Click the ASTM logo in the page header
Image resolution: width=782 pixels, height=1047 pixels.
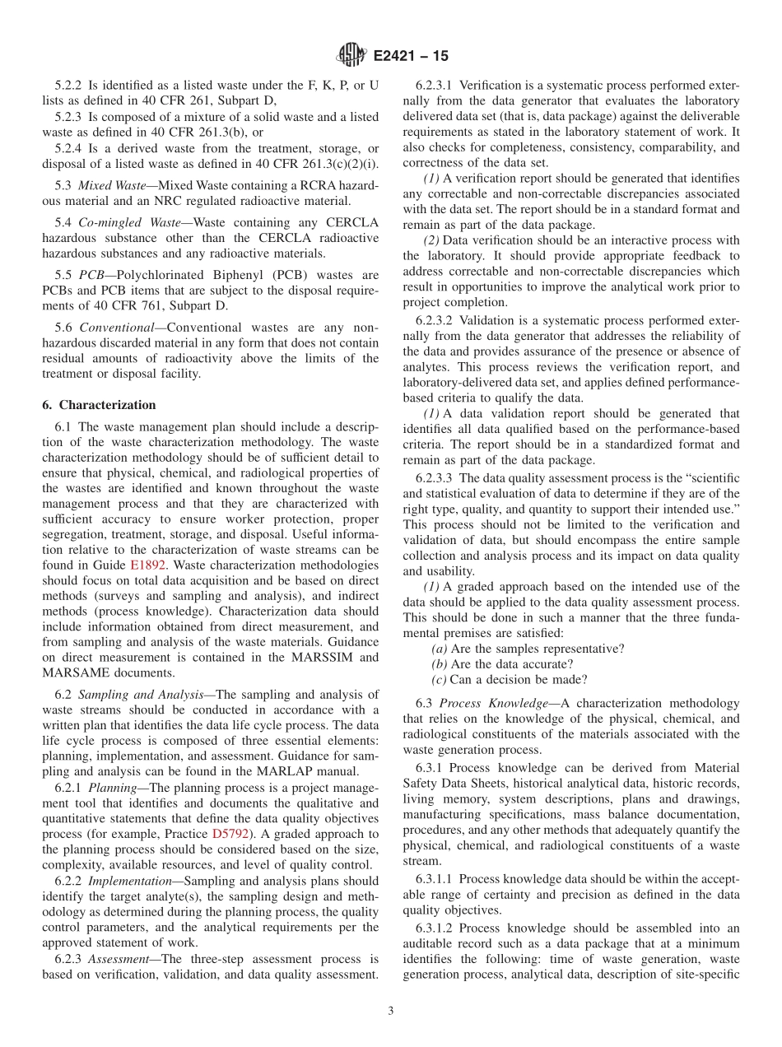tap(351, 56)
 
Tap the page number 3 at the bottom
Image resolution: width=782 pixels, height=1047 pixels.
tap(391, 1012)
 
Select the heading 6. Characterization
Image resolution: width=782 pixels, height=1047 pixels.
tap(99, 405)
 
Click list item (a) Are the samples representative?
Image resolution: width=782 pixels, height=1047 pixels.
tap(528, 649)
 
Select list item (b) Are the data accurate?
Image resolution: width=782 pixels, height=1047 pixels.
tap(502, 663)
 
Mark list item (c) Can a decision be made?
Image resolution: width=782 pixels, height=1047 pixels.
tap(510, 679)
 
